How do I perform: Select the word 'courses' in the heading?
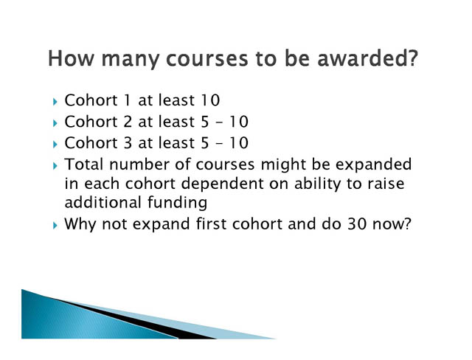coord(207,59)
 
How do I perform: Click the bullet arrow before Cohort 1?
coord(55,102)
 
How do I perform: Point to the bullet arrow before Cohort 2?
coord(55,123)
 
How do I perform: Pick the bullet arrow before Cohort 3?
coord(55,145)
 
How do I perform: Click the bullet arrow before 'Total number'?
coord(55,166)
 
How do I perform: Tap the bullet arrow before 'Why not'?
coord(55,225)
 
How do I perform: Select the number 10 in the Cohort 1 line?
coord(209,100)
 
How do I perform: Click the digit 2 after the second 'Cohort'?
coord(128,122)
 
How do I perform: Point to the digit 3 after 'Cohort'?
coord(128,142)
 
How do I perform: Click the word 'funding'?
coord(177,202)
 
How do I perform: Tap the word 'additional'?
coord(103,202)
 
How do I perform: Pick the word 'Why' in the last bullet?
coord(80,224)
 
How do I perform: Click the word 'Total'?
coord(84,165)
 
